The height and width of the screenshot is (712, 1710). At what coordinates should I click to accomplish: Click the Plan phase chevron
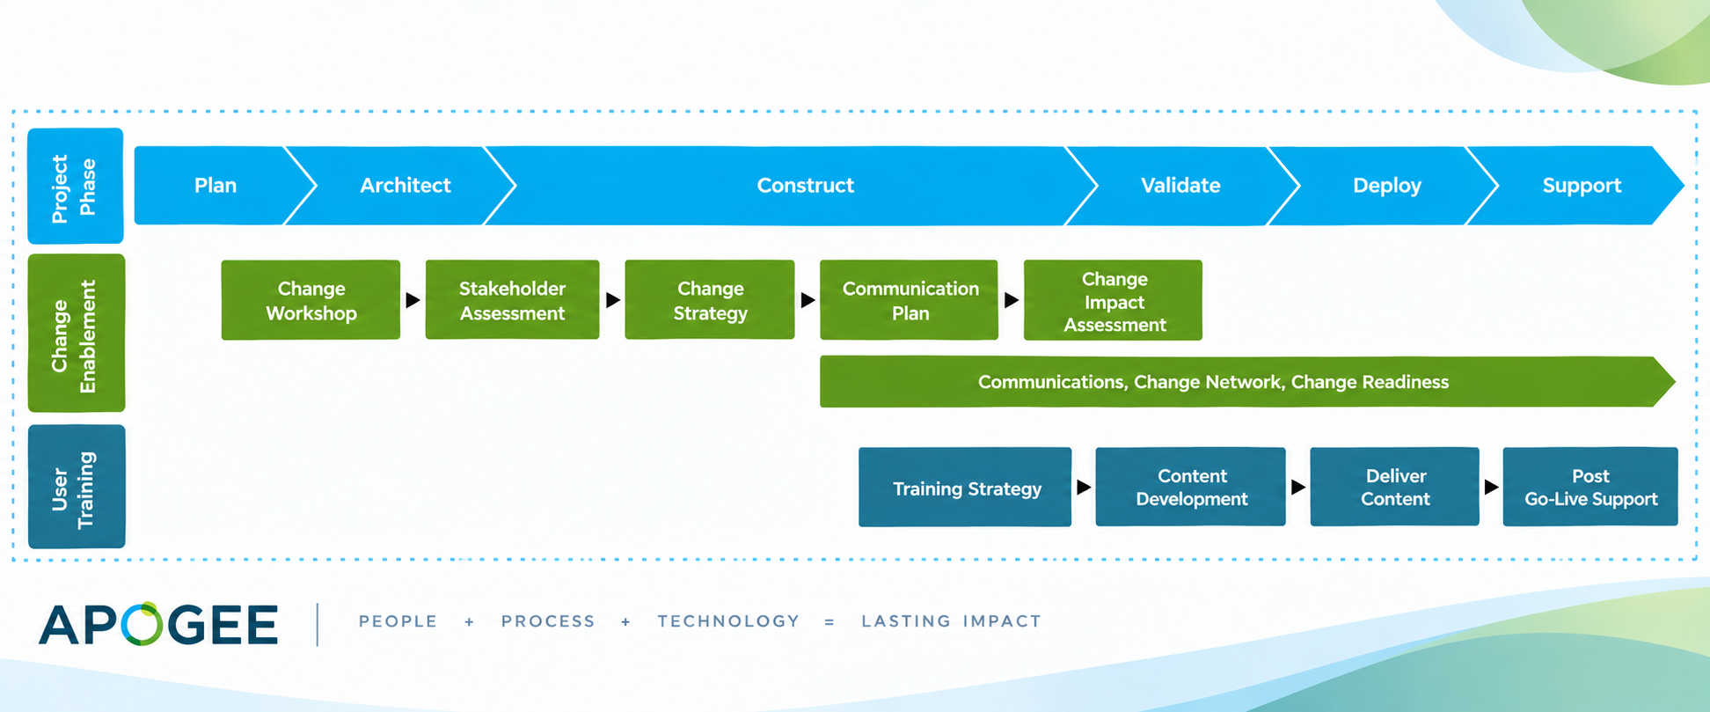[x=216, y=186]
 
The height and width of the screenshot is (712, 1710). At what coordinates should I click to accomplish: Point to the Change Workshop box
[x=311, y=300]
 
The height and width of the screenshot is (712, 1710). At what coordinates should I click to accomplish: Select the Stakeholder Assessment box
[x=512, y=300]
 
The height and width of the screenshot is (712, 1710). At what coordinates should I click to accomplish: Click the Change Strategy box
[x=710, y=300]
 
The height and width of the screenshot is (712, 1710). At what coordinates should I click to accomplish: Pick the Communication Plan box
[x=909, y=300]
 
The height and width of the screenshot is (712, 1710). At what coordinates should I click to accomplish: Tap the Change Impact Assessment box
[x=1113, y=300]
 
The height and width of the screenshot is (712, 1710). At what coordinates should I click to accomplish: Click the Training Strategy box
[x=965, y=488]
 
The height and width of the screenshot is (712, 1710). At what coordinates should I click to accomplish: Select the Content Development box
[x=1190, y=487]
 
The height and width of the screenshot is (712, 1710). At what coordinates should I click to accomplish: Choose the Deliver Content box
[x=1395, y=487]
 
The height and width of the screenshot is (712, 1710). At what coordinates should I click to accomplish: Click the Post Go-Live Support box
[x=1590, y=487]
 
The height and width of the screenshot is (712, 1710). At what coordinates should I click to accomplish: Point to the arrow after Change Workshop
[x=413, y=300]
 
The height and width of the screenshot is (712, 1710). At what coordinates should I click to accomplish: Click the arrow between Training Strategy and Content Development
[x=1084, y=487]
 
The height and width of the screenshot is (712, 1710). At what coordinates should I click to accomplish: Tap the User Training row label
[x=77, y=487]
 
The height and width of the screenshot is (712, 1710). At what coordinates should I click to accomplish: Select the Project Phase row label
[x=76, y=186]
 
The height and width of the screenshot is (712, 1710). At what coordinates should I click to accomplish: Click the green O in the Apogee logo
[x=142, y=624]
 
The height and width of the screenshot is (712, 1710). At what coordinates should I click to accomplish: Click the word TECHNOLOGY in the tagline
[x=728, y=621]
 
